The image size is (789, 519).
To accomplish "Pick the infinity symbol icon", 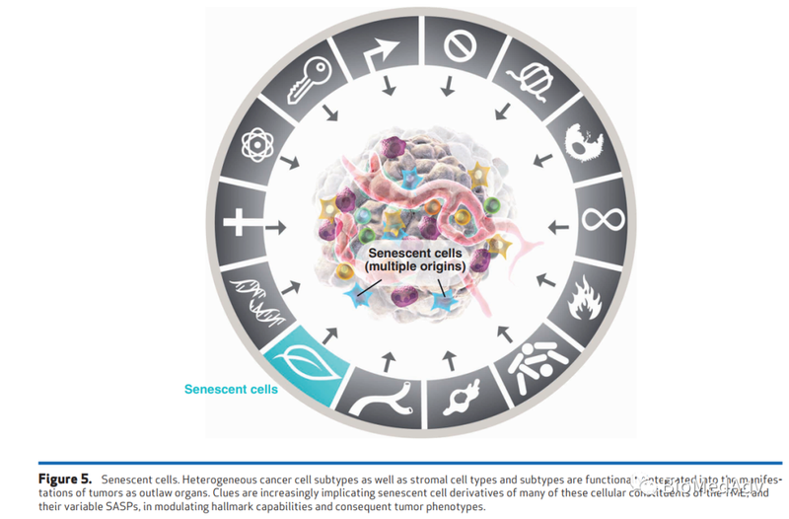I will point(603,217).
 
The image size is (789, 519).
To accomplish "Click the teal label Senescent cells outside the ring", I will point(231,390).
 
